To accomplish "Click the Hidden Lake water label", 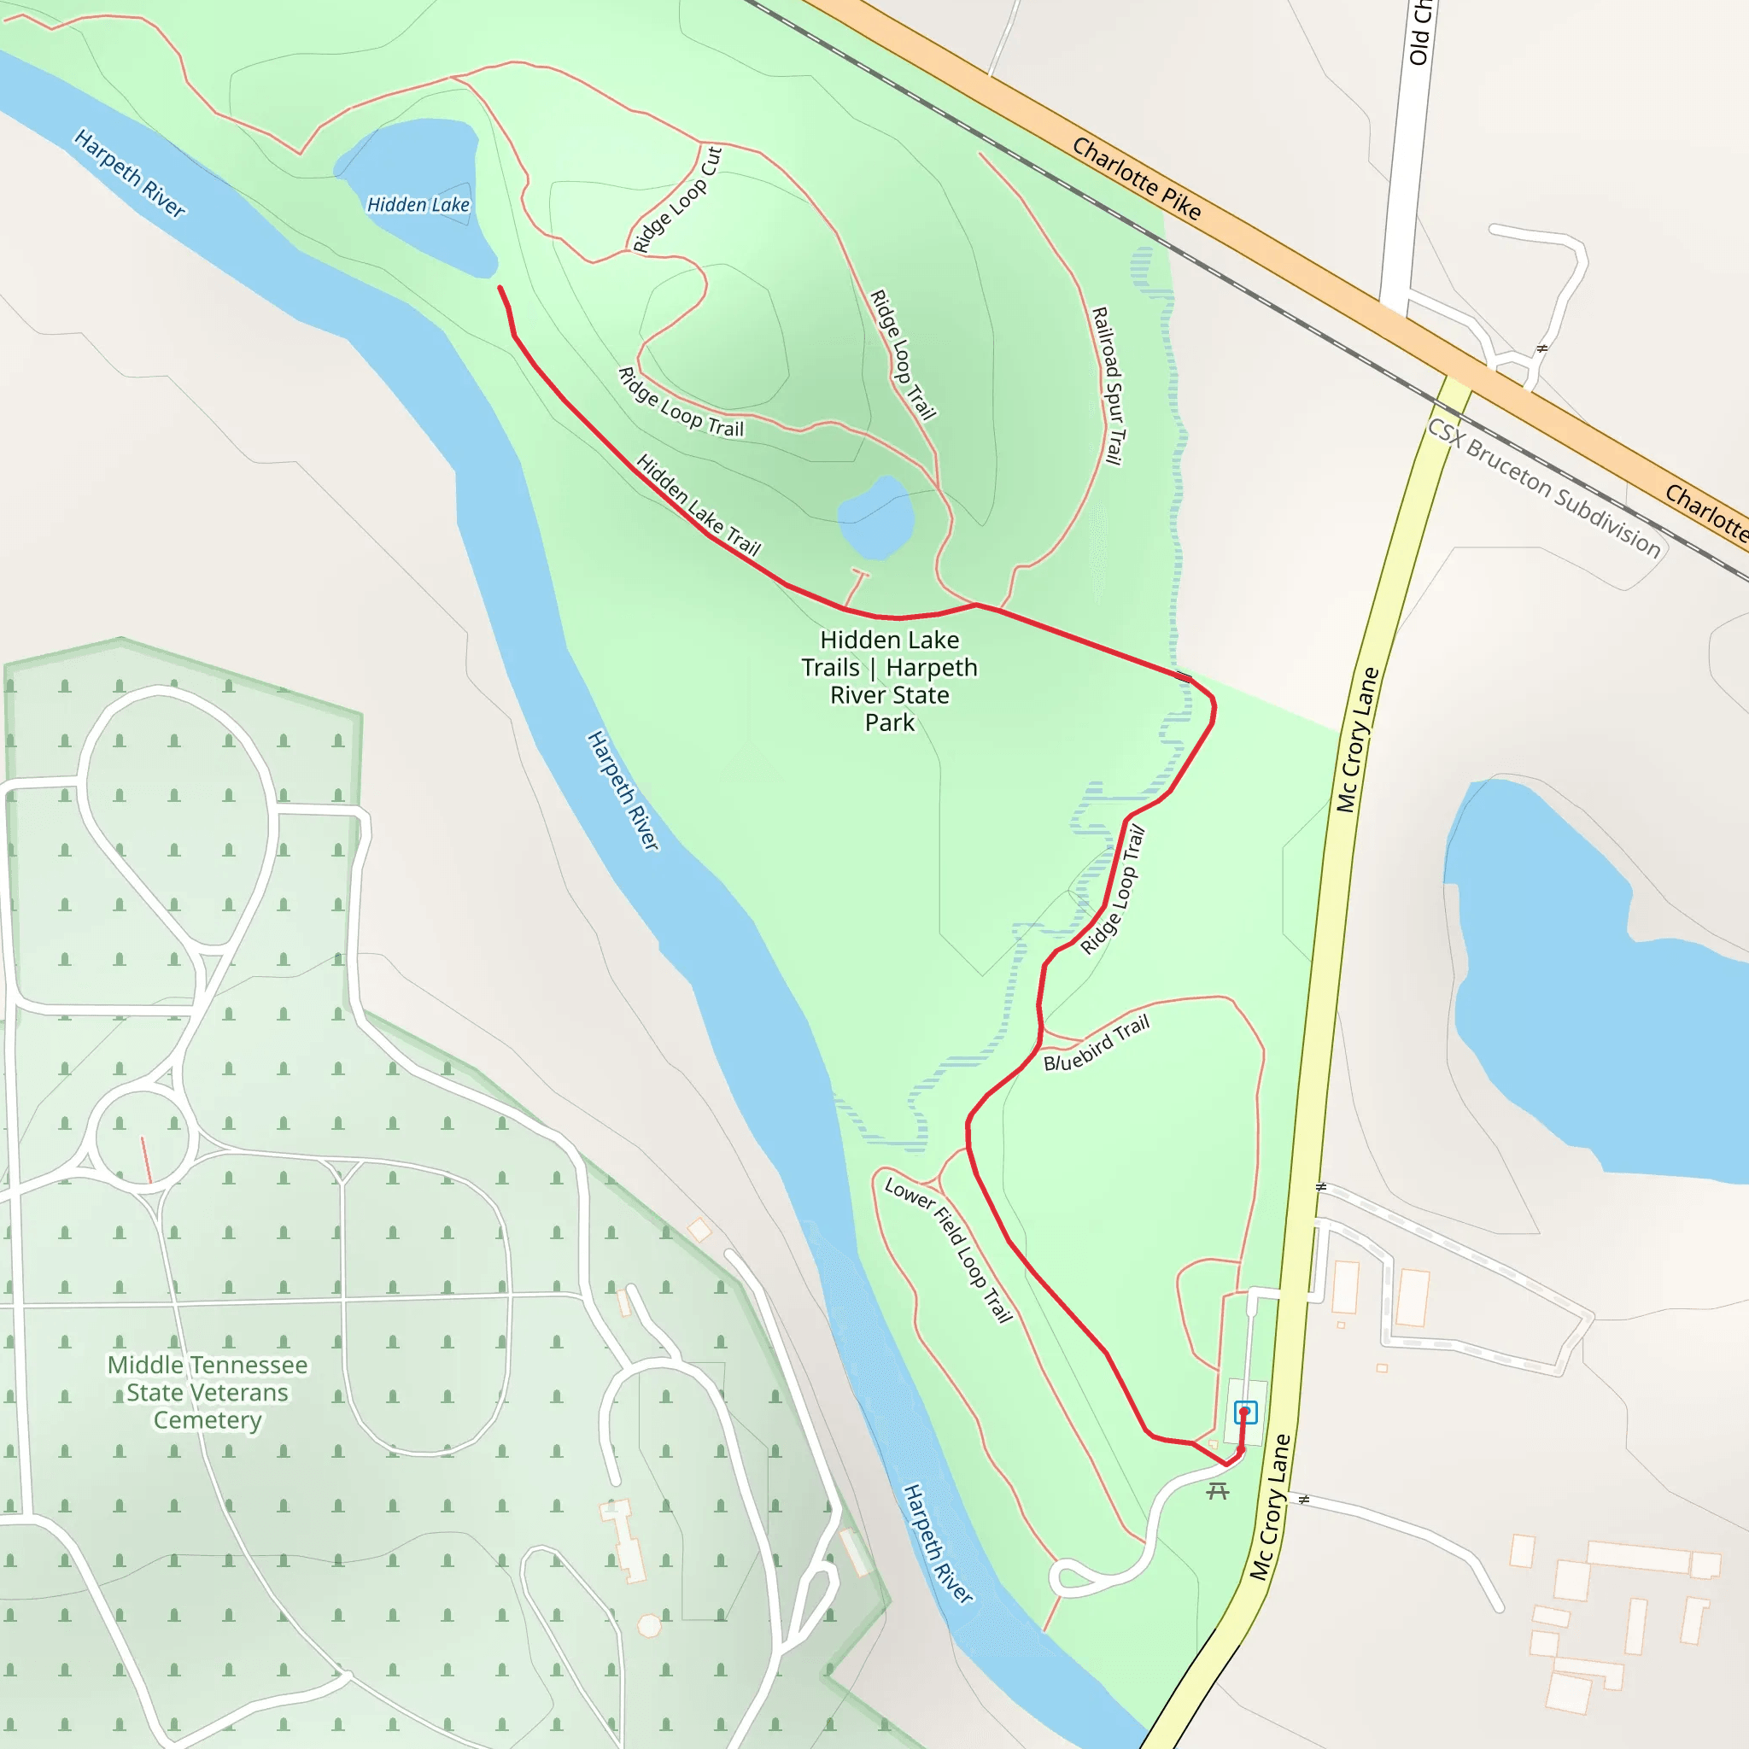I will (418, 205).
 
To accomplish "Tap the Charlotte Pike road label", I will (1136, 178).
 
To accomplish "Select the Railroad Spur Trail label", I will (1108, 387).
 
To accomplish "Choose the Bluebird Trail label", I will (1097, 1043).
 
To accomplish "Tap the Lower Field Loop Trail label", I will (948, 1249).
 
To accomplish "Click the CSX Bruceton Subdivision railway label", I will (1543, 488).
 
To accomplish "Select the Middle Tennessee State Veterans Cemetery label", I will (208, 1392).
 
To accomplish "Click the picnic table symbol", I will (1218, 1490).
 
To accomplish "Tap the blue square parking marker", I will (1246, 1412).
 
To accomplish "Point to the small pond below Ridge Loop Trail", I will (875, 518).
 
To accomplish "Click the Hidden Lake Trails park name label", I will (890, 681).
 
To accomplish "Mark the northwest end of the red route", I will (500, 288).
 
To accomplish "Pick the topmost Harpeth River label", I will (130, 173).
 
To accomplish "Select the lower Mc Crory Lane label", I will (1269, 1507).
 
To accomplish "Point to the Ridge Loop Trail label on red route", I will (1113, 891).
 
